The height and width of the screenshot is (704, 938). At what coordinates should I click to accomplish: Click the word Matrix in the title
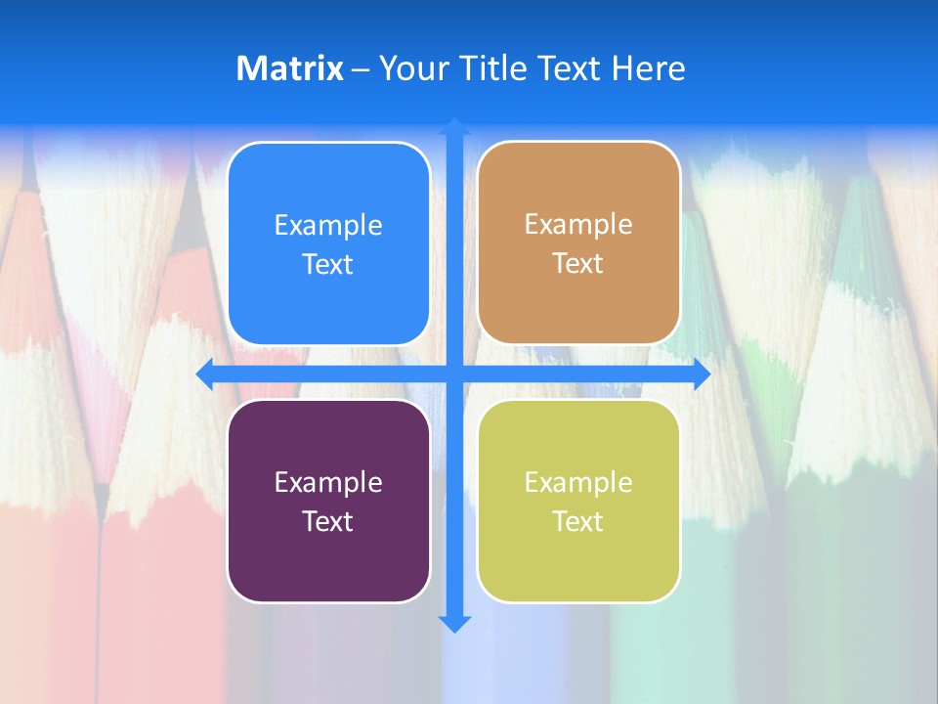[290, 68]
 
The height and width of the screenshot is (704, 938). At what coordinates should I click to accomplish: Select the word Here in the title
[649, 68]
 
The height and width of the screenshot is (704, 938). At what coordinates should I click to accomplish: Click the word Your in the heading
[410, 68]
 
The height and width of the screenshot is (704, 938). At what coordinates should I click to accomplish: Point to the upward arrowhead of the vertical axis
[454, 126]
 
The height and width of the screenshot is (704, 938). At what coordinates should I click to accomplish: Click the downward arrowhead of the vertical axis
[454, 623]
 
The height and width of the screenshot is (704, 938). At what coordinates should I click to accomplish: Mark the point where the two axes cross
[454, 374]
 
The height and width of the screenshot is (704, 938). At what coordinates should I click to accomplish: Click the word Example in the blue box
[328, 226]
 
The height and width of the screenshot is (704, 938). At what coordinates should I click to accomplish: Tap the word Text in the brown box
[578, 264]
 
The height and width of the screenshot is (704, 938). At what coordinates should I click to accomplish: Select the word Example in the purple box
[328, 482]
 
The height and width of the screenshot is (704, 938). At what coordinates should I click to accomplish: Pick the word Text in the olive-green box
[578, 521]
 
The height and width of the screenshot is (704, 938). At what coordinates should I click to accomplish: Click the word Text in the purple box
[328, 521]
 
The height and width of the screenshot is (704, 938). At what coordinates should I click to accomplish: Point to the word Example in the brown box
[578, 225]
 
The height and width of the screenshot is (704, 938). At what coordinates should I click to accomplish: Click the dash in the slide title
[361, 69]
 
